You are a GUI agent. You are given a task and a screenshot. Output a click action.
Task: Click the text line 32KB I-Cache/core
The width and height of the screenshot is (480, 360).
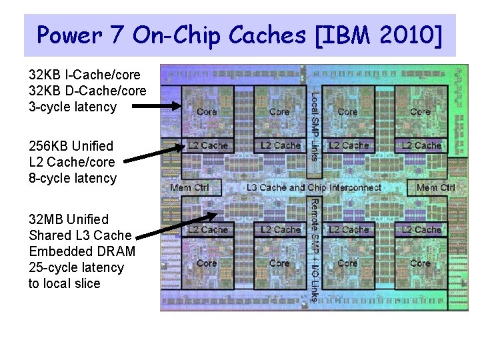pos(85,75)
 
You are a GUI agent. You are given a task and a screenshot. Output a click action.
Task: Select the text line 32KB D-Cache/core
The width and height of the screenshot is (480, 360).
pos(87,91)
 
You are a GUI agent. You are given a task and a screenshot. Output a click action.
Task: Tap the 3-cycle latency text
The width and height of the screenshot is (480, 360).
pos(73,107)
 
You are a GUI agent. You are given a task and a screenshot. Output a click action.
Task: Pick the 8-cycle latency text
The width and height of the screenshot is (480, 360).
pos(73,178)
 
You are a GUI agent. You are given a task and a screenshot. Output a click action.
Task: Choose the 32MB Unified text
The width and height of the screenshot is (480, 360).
pos(69,219)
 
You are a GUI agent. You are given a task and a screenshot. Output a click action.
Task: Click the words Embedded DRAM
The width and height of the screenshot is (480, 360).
pos(82,251)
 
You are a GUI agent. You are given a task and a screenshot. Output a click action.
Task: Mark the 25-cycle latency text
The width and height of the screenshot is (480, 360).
pos(76,267)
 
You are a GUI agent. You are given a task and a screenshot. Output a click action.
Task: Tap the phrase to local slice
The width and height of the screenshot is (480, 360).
pos(64,283)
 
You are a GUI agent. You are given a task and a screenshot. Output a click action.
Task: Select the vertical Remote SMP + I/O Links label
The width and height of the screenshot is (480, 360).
pos(314,249)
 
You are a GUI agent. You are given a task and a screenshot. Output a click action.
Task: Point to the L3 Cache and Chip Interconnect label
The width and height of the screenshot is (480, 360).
pos(314,188)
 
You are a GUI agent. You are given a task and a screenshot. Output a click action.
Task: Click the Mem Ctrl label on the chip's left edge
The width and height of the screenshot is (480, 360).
pos(189,188)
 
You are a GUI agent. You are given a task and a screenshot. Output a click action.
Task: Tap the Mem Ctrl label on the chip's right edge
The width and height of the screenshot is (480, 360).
pos(435,188)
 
